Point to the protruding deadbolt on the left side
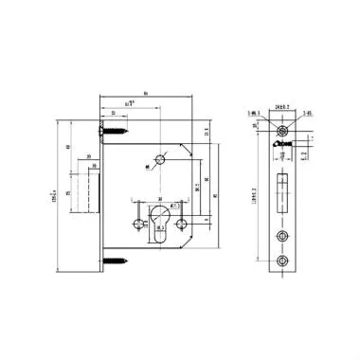pos(94,188)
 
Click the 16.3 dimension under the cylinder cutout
pos(158,227)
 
